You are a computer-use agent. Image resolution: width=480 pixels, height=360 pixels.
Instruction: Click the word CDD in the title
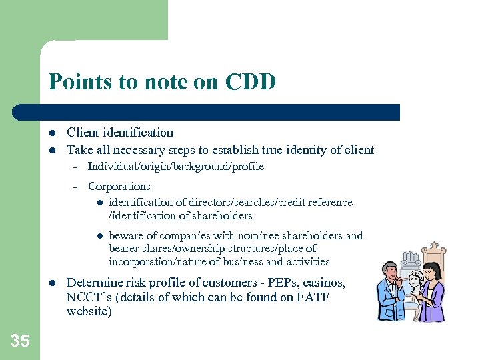click(251, 82)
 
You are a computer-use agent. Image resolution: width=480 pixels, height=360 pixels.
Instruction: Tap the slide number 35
click(20, 341)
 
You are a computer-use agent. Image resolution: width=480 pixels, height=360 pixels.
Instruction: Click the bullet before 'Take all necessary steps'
click(53, 150)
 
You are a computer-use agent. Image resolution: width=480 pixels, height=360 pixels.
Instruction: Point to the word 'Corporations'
click(119, 187)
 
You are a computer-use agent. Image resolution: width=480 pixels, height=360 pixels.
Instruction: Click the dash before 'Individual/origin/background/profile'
click(75, 167)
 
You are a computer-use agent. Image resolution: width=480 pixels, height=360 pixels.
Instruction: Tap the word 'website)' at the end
click(89, 312)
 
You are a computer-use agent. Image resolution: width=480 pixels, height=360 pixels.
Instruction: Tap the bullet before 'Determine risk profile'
click(53, 283)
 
